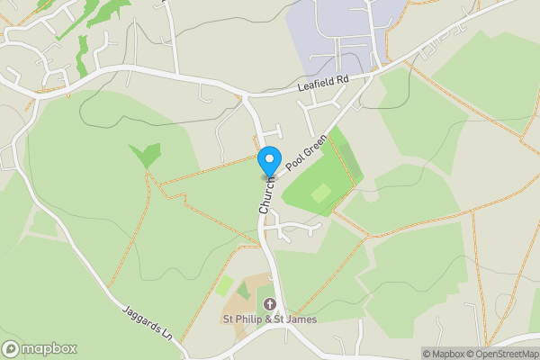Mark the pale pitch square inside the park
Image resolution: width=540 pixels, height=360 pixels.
pos(321,193)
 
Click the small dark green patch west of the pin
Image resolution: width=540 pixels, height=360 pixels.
pos(144,155)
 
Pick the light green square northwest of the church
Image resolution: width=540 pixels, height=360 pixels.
pos(224,286)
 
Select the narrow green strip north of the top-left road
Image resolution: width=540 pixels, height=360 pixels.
pos(82,55)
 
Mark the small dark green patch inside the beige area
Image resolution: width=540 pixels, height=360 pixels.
pos(243,291)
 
